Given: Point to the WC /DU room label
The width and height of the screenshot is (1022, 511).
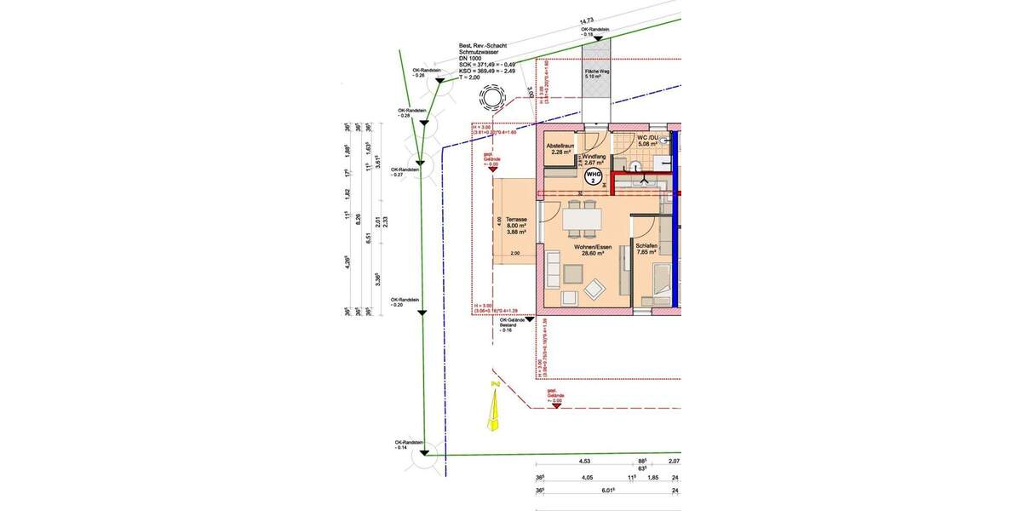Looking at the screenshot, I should (649, 141).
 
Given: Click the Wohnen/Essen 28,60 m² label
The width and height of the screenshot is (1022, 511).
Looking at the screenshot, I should (586, 250).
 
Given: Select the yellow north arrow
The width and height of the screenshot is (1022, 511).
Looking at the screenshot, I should (493, 415).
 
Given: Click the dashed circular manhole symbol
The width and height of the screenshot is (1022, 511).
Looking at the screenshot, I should (492, 99).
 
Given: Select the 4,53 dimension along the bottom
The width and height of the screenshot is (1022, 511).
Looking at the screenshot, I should (585, 461).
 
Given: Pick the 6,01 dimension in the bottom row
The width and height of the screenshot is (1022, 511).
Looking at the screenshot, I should (608, 490).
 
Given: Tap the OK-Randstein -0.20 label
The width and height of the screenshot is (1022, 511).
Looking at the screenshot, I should (403, 302).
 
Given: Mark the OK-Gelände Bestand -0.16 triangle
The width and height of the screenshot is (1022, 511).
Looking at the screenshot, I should (529, 320).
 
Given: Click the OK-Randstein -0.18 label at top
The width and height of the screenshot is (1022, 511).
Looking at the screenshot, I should (595, 31).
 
